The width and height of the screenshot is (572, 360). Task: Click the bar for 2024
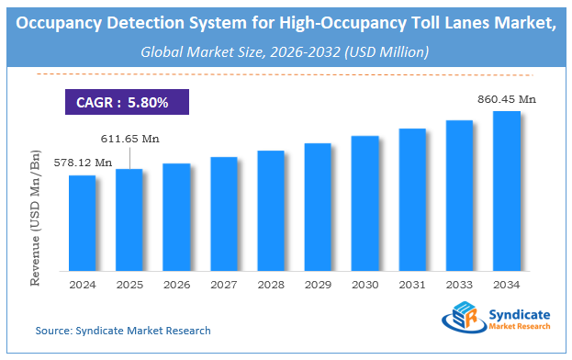pyautogui.click(x=83, y=222)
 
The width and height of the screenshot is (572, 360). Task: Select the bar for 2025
pyautogui.click(x=129, y=219)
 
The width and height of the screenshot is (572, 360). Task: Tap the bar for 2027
pyautogui.click(x=224, y=213)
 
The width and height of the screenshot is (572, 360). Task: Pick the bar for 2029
pyautogui.click(x=318, y=207)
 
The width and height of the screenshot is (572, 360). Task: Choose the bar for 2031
pyautogui.click(x=412, y=199)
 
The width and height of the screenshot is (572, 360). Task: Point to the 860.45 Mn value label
pyautogui.click(x=506, y=98)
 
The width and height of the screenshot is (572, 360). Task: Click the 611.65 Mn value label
pyautogui.click(x=129, y=138)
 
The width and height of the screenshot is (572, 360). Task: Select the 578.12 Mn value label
pyautogui.click(x=83, y=163)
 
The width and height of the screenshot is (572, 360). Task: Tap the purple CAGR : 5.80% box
pyautogui.click(x=123, y=102)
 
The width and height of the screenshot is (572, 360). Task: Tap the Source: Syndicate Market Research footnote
pyautogui.click(x=123, y=330)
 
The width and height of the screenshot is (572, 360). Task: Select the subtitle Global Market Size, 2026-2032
pyautogui.click(x=286, y=52)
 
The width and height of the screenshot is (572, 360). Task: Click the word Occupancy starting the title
pyautogui.click(x=62, y=25)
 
